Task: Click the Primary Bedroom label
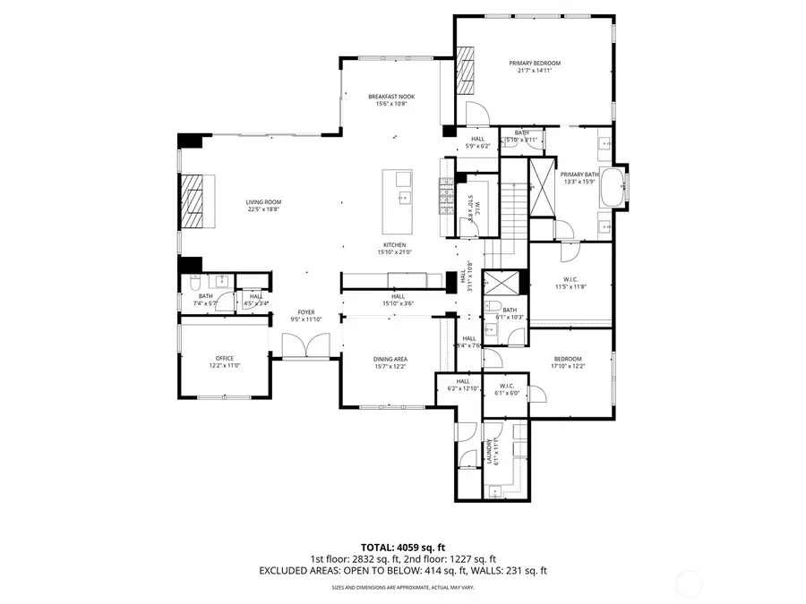coord(535,63)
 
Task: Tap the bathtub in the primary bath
coord(612,189)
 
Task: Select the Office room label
coord(224,358)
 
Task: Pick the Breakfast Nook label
coord(391,97)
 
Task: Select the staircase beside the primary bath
coord(513,215)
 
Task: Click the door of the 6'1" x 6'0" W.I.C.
coord(539,394)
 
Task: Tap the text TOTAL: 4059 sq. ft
coord(403,546)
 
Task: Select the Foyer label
coord(306,312)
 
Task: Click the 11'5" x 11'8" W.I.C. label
coord(570,282)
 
